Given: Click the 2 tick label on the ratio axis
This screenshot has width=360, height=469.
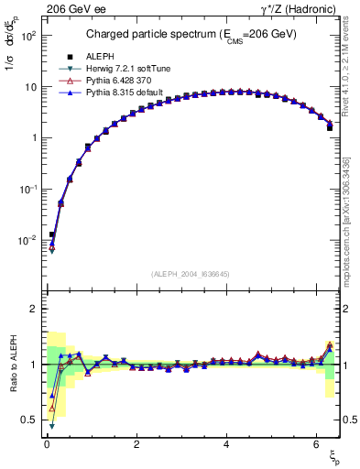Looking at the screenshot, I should pos(33,309).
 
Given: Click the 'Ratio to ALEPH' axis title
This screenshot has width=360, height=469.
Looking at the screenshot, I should pos(12,365).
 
